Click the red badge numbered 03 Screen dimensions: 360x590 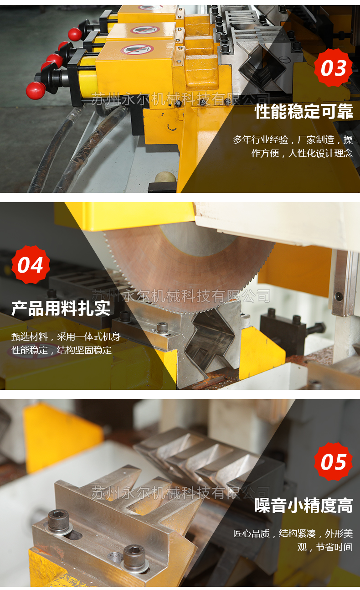(x=333, y=67)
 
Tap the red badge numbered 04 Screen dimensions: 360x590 (x=31, y=265)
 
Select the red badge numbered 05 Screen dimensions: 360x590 (x=333, y=462)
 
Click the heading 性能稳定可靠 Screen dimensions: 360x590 (x=304, y=111)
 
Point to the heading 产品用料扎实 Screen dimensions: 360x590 (x=61, y=308)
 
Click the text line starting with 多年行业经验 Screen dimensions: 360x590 (x=293, y=140)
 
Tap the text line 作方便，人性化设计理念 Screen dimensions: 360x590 (x=302, y=153)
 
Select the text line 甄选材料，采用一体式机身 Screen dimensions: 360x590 (x=66, y=336)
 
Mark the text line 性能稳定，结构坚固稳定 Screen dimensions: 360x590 (x=62, y=350)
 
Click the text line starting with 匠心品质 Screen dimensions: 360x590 (x=293, y=533)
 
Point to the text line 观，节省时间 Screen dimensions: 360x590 (x=325, y=547)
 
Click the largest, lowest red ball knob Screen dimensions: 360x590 (x=36, y=90)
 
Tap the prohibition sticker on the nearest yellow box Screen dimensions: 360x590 (x=137, y=49)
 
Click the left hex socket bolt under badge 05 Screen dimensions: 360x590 (x=58, y=520)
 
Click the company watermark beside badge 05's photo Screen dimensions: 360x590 (x=180, y=492)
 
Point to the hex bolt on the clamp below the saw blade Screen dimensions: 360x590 (x=162, y=328)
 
